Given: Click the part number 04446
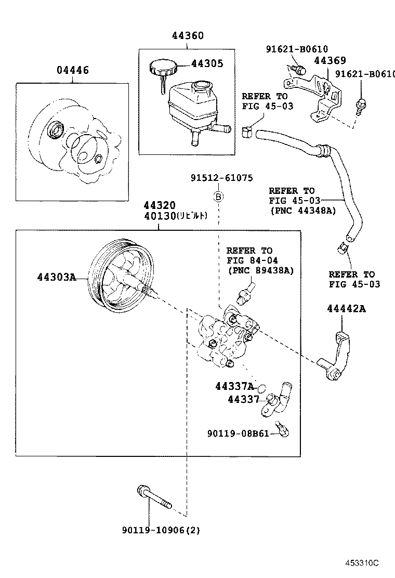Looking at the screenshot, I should (x=72, y=70).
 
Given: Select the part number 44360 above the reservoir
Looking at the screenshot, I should (x=188, y=36).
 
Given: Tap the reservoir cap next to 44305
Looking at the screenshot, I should (x=163, y=68).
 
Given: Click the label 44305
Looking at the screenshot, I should (x=207, y=64).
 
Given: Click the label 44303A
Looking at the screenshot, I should (x=56, y=277).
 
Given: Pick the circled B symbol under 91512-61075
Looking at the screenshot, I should (x=219, y=197).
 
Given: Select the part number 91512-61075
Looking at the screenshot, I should (x=221, y=178).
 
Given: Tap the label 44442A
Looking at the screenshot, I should (x=346, y=309).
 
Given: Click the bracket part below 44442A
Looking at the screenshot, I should (x=337, y=359).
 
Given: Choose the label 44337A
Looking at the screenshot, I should (x=234, y=386).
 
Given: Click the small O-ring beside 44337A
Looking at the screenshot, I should (x=262, y=388).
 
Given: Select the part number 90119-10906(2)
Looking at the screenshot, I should (x=161, y=531).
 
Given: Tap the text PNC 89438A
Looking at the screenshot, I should (x=260, y=270).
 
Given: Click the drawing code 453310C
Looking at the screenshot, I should (x=363, y=563).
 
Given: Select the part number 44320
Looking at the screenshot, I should (x=160, y=206).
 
